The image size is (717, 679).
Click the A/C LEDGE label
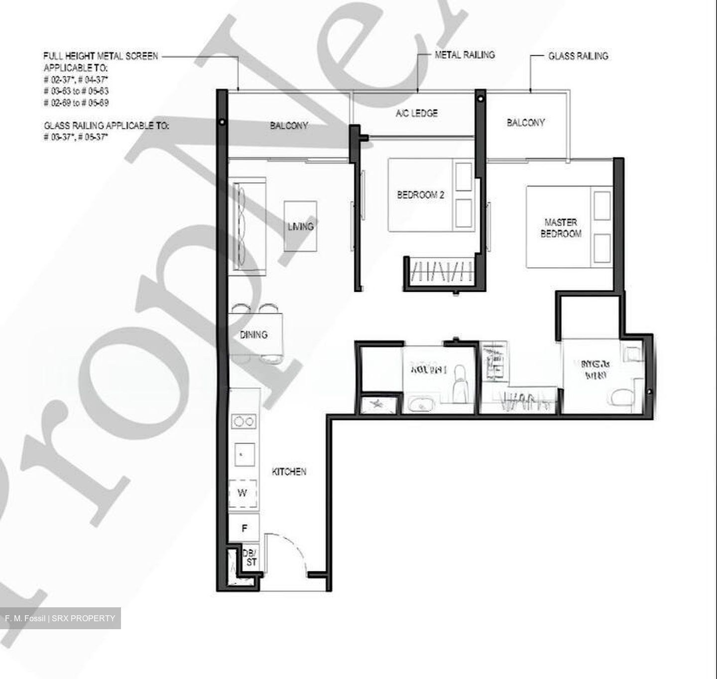pos(416,113)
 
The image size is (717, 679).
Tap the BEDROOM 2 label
pos(420,195)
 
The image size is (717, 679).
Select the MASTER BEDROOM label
pos(561,228)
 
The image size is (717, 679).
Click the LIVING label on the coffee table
pos(300,226)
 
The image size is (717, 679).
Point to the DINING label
pos(253,335)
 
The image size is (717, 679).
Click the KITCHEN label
pos(289,471)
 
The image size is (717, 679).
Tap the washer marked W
pos(242,493)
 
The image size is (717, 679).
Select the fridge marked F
pos(244,528)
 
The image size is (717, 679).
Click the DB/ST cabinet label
pos(250,558)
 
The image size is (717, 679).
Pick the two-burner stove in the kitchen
pos(244,422)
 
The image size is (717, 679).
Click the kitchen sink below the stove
pos(244,454)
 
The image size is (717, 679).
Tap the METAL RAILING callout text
pos(465,55)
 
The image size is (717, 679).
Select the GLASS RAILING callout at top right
pos(578,56)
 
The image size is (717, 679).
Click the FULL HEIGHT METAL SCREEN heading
pos(101,56)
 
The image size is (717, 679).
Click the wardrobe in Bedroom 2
pos(438,272)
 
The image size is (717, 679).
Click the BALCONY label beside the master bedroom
pos(525,122)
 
